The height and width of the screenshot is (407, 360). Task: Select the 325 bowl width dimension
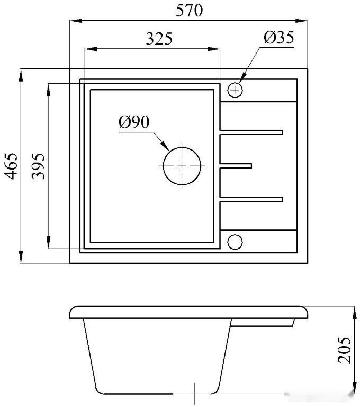(159, 39)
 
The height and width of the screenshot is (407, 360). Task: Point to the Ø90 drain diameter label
(134, 122)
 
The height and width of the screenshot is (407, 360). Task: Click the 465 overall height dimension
(11, 165)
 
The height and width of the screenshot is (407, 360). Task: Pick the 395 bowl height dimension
(38, 166)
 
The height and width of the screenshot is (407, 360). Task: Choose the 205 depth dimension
(345, 349)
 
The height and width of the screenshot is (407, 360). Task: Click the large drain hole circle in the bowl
(182, 165)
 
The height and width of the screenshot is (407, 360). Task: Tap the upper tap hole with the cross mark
(235, 90)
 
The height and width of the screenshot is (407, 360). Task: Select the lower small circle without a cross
(235, 241)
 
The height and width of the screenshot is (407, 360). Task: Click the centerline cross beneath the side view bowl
(195, 395)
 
